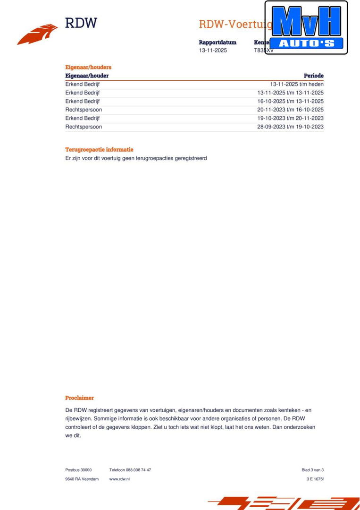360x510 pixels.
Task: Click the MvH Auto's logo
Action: point(306,27)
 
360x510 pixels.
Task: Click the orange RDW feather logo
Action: point(38,34)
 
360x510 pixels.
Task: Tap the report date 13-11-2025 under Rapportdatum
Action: point(213,51)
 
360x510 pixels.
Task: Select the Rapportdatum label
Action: point(218,42)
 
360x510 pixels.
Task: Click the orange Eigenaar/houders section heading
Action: point(88,68)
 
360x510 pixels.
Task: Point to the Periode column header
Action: point(314,76)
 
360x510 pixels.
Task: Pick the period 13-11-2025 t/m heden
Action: point(297,85)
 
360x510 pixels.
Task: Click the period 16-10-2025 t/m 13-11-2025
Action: point(291,102)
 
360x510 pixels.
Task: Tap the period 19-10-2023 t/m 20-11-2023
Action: point(291,119)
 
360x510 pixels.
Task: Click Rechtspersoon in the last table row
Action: point(84,127)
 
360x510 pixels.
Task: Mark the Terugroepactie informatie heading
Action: point(99,150)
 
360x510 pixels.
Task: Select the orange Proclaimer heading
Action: point(79,398)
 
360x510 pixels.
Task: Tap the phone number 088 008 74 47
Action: point(138,470)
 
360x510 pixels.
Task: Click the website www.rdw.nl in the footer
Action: point(119,479)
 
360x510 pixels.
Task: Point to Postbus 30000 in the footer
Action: point(78,470)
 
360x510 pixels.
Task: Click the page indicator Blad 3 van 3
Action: point(312,470)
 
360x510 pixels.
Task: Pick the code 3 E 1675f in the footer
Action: point(315,479)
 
